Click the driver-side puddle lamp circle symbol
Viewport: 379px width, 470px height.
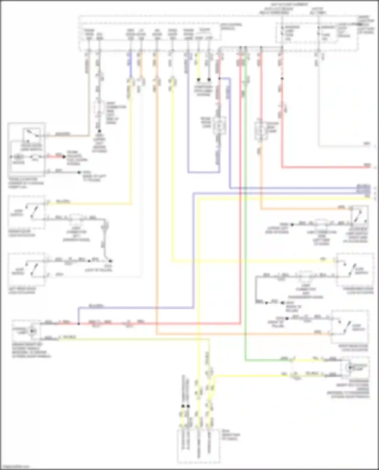32,331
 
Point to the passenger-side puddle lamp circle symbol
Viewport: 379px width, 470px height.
350,367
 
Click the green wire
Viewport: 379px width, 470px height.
245,227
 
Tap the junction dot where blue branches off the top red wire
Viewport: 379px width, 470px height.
219,79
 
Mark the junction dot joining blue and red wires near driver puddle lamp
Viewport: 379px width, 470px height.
79,324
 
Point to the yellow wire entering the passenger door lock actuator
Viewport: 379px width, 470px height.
253,261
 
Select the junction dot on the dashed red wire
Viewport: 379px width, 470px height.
282,79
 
